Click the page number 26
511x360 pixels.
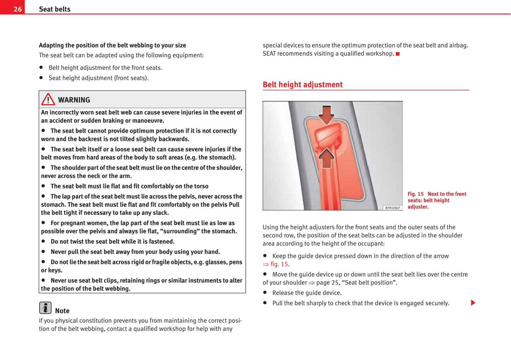point(17,9)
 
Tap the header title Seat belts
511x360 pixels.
point(54,9)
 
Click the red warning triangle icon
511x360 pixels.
point(48,100)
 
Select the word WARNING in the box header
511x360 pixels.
point(74,100)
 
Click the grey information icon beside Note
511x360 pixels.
point(45,308)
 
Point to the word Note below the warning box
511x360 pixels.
point(62,311)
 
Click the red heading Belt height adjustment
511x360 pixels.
point(302,85)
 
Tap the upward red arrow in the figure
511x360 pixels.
point(326,158)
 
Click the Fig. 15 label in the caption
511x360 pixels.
point(416,194)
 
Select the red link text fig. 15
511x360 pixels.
point(279,264)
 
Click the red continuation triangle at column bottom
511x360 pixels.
point(473,303)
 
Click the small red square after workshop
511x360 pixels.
point(397,54)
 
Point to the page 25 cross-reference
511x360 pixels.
point(323,283)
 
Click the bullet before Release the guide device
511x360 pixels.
point(265,293)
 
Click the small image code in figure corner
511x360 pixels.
point(393,208)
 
